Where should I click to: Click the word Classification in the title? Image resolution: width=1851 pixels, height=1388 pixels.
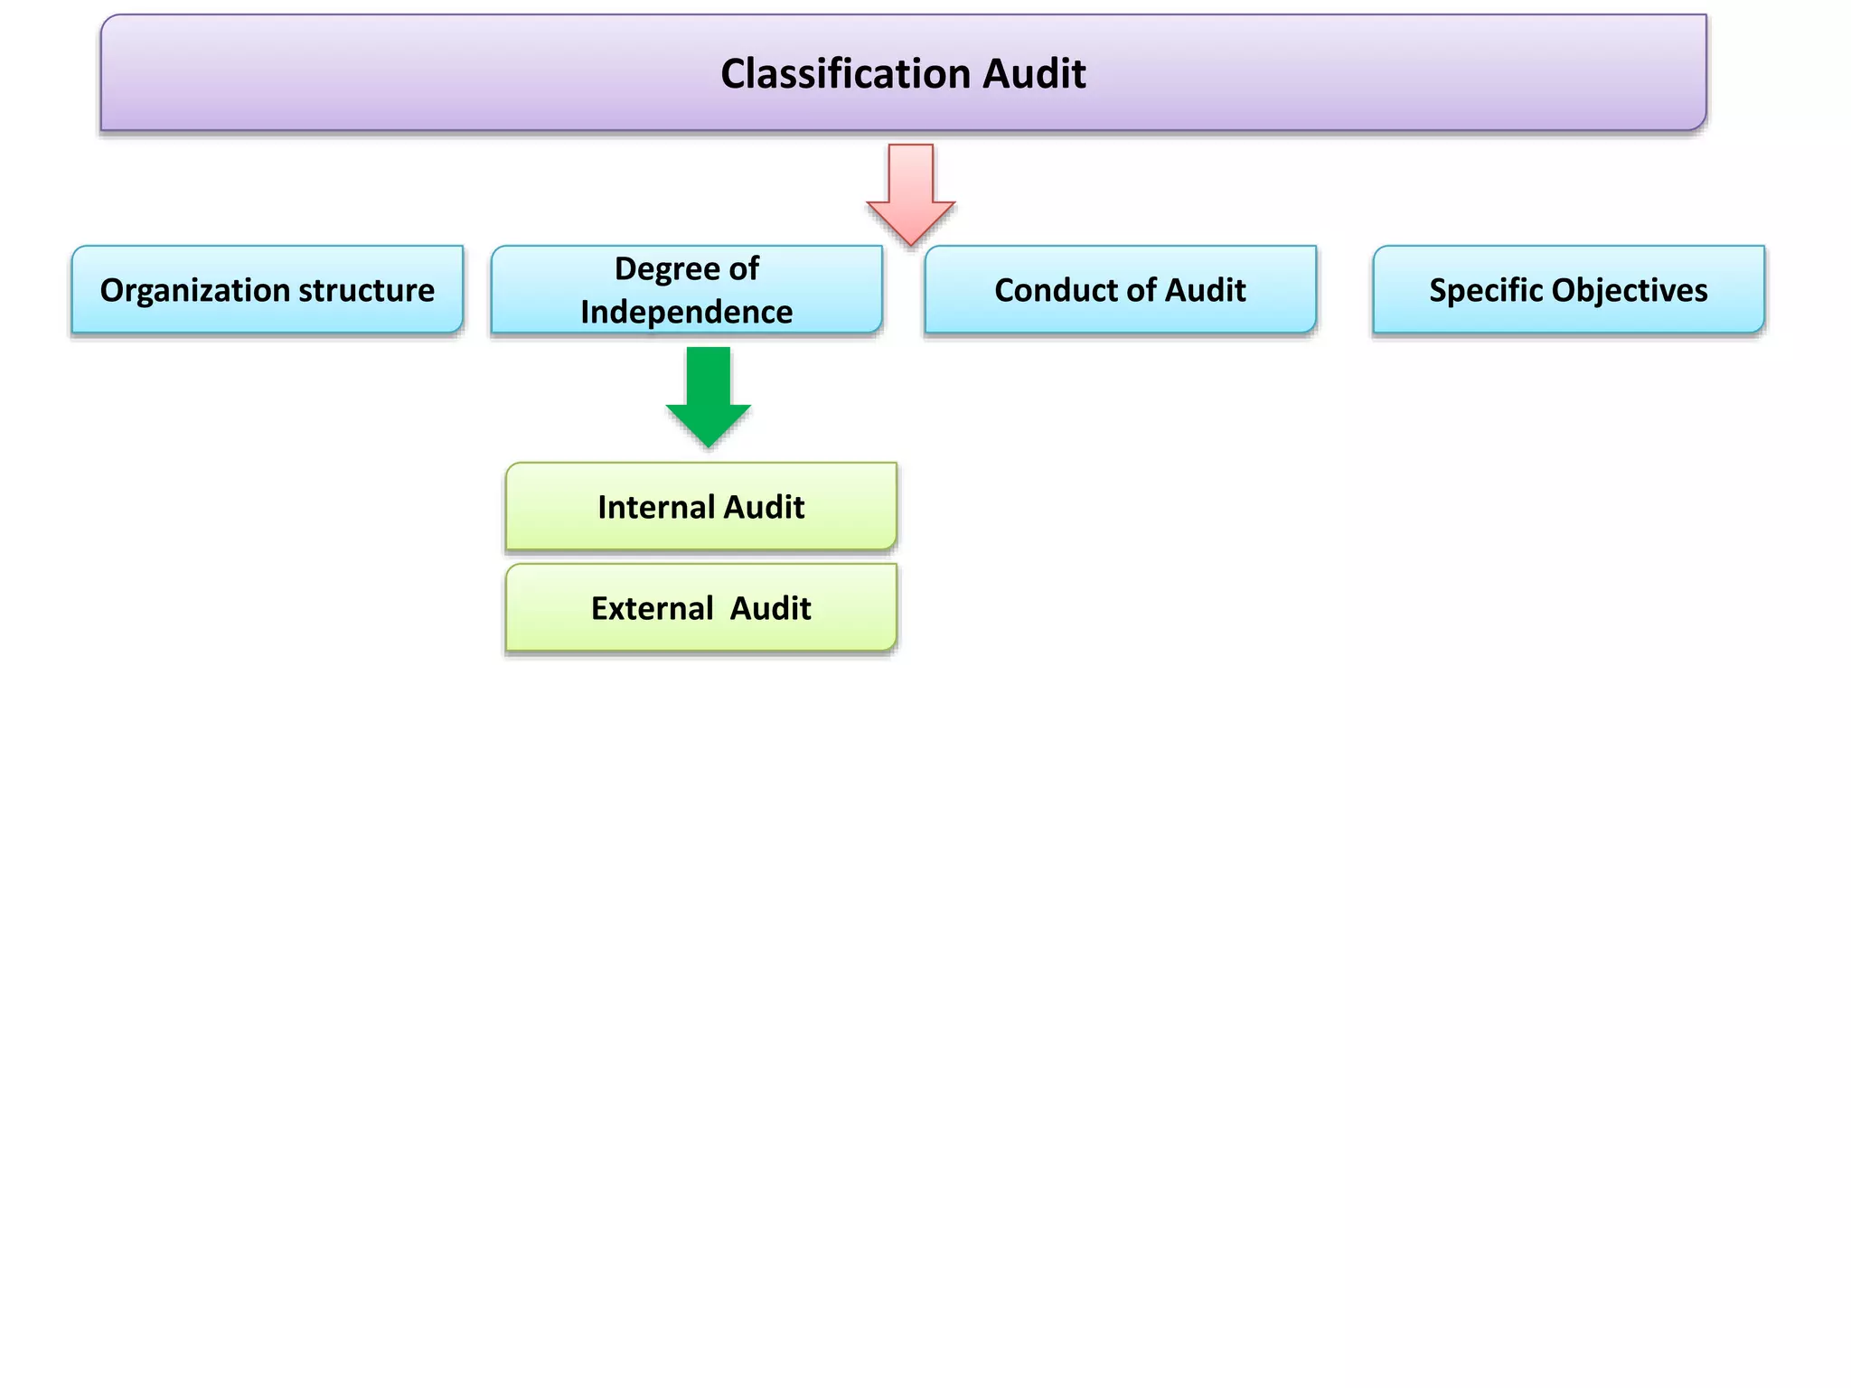tap(845, 74)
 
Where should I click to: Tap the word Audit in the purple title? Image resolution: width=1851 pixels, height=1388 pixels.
tap(1034, 74)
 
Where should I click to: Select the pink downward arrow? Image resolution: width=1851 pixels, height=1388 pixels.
tap(911, 193)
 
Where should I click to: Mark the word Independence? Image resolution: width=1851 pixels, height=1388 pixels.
tap(687, 313)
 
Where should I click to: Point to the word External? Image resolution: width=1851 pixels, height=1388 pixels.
tap(653, 609)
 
